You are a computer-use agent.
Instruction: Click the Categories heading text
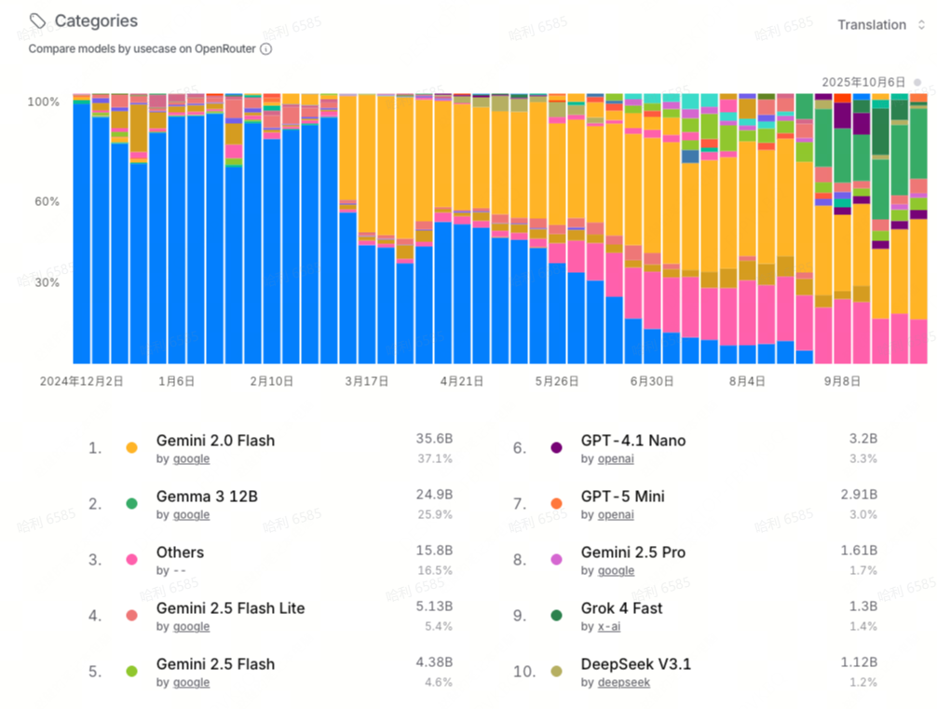(96, 20)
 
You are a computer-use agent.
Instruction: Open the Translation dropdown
(880, 25)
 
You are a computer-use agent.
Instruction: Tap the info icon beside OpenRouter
(266, 48)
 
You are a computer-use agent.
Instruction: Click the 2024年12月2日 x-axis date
(81, 381)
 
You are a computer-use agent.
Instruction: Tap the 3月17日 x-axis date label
(366, 381)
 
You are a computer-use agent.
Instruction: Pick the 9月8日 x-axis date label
(842, 381)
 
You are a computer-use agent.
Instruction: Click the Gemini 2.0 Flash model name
(215, 441)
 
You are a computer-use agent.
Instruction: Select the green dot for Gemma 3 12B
(131, 504)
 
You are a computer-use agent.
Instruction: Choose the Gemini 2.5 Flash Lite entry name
(230, 608)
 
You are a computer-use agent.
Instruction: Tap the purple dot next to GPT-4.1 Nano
(557, 448)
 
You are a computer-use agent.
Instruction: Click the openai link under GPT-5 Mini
(616, 514)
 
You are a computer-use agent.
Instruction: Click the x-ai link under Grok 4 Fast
(608, 626)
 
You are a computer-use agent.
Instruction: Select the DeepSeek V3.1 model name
(636, 664)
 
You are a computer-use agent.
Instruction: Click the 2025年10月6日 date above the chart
(863, 82)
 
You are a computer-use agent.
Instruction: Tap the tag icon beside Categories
(37, 20)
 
